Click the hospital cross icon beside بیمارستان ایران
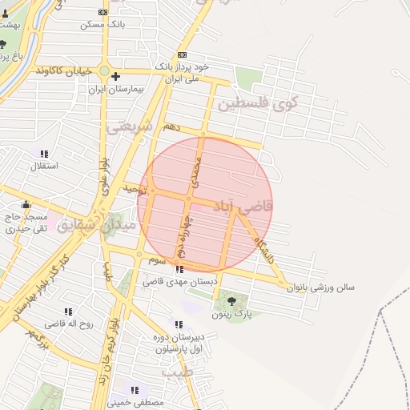click(116, 77)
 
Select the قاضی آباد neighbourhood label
click(245, 207)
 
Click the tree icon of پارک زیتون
click(231, 301)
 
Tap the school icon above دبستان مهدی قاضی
click(178, 270)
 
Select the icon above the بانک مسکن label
click(102, 12)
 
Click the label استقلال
click(44, 167)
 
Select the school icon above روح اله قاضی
click(68, 312)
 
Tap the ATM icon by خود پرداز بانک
click(182, 54)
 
